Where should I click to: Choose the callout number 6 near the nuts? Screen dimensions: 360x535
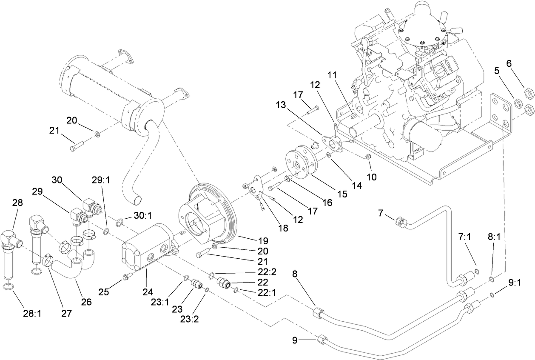tap(509, 63)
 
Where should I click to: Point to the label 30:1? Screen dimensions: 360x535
tap(140, 216)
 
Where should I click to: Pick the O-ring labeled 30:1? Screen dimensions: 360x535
tap(121, 221)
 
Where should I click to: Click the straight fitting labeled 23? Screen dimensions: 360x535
tap(196, 283)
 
